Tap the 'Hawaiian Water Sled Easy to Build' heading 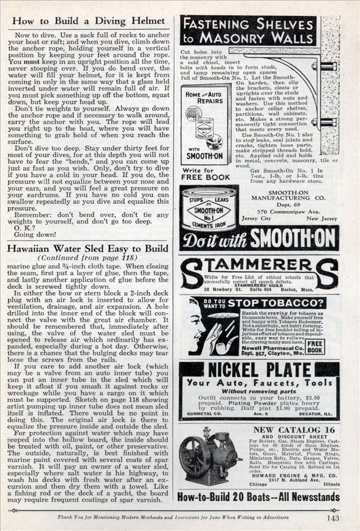(x=88, y=248)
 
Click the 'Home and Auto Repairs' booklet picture (x=205, y=124)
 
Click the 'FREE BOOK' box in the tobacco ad (x=316, y=346)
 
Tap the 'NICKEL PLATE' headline (x=259, y=370)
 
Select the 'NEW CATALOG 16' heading (x=294, y=430)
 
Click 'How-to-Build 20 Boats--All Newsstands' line (x=258, y=497)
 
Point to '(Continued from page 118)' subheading (x=88, y=258)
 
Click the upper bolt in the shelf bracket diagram (x=327, y=66)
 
